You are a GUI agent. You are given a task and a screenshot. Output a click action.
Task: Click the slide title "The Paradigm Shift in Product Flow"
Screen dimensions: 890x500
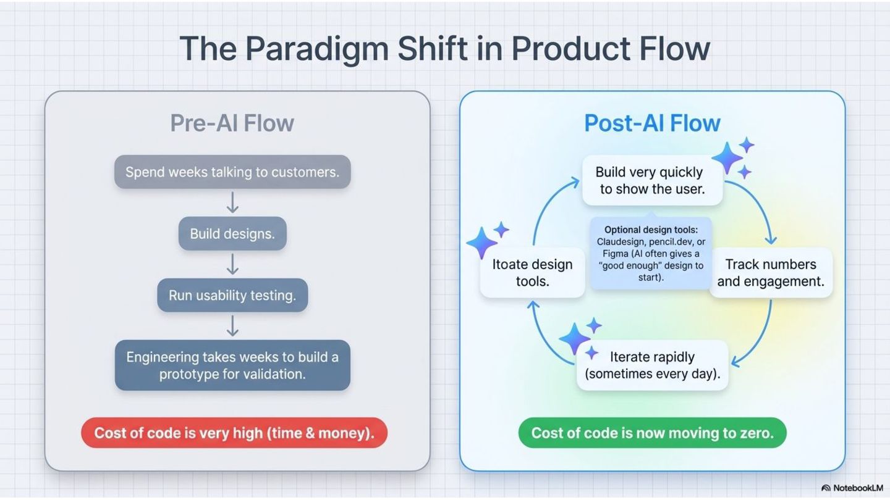pyautogui.click(x=444, y=48)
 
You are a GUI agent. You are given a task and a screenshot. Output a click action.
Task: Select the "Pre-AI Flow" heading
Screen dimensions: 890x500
pyautogui.click(x=232, y=123)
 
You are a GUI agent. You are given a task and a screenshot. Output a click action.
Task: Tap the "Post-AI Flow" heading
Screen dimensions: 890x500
pyautogui.click(x=652, y=123)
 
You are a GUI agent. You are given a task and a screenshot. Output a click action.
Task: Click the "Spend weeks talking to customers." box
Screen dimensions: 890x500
pyautogui.click(x=232, y=172)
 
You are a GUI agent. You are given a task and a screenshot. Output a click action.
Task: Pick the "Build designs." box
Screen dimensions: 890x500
pyautogui.click(x=232, y=233)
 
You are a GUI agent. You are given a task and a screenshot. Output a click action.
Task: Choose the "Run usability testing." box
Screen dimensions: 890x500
pyautogui.click(x=232, y=295)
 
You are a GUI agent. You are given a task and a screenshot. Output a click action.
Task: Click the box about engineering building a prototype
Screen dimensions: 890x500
pyautogui.click(x=232, y=365)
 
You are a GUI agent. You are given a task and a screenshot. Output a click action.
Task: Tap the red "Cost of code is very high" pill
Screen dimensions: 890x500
pyautogui.click(x=234, y=433)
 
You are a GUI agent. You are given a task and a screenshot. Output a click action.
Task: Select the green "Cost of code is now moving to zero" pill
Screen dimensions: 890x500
pyautogui.click(x=653, y=433)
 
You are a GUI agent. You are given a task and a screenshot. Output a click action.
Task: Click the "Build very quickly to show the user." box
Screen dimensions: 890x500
pyautogui.click(x=653, y=180)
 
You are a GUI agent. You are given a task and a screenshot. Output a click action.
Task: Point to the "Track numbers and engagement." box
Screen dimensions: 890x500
pyautogui.click(x=771, y=273)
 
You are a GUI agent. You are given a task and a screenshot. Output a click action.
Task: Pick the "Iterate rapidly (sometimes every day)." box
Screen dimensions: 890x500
pyautogui.click(x=653, y=365)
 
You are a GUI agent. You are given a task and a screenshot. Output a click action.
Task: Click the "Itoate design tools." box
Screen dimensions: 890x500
pyautogui.click(x=532, y=273)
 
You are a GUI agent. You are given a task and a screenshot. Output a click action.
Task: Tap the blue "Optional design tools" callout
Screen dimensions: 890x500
pyautogui.click(x=651, y=253)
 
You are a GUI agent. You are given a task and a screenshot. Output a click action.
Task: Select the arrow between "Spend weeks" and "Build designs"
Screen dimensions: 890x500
pyautogui.click(x=232, y=202)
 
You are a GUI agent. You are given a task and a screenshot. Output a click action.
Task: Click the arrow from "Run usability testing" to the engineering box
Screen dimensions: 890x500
pyautogui.click(x=232, y=326)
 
